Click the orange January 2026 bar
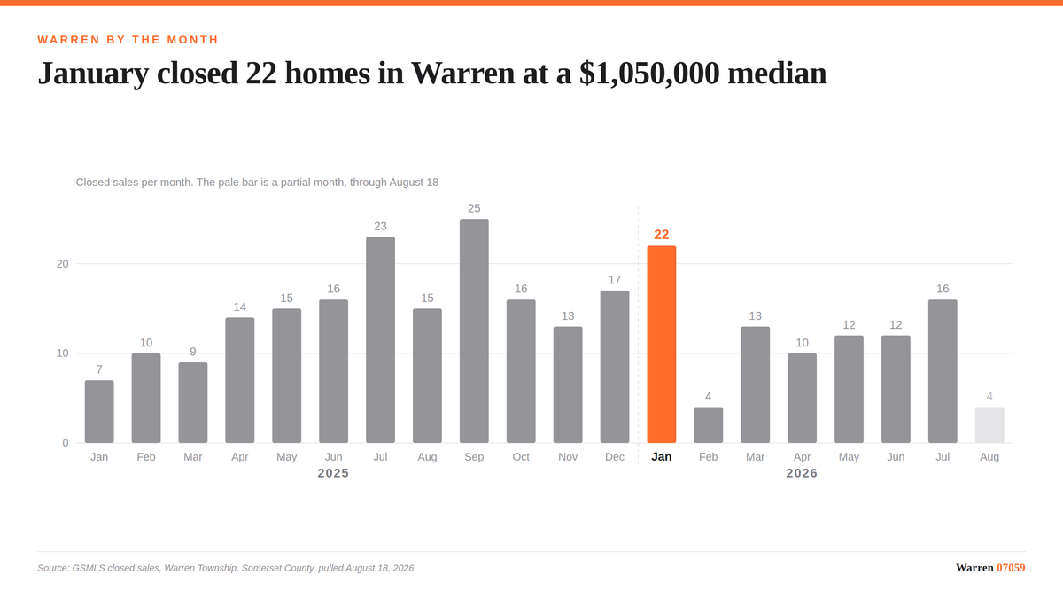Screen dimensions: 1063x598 661,344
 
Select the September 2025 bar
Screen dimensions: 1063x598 474,330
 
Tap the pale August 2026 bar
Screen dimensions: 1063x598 989,424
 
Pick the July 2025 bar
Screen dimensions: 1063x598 380,340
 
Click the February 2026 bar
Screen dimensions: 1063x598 708,424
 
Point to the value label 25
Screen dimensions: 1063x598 474,208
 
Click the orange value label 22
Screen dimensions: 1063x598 661,235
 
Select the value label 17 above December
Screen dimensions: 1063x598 615,280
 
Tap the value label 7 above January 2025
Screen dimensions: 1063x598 99,369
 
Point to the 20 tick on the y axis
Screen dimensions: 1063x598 63,264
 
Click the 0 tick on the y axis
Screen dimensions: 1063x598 66,443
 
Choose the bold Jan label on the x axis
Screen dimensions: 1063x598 661,456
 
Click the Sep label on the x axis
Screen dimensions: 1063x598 474,456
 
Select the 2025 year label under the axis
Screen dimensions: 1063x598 333,473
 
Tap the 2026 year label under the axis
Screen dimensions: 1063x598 802,473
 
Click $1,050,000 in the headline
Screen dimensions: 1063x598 649,74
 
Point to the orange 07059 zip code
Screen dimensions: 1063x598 1011,568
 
